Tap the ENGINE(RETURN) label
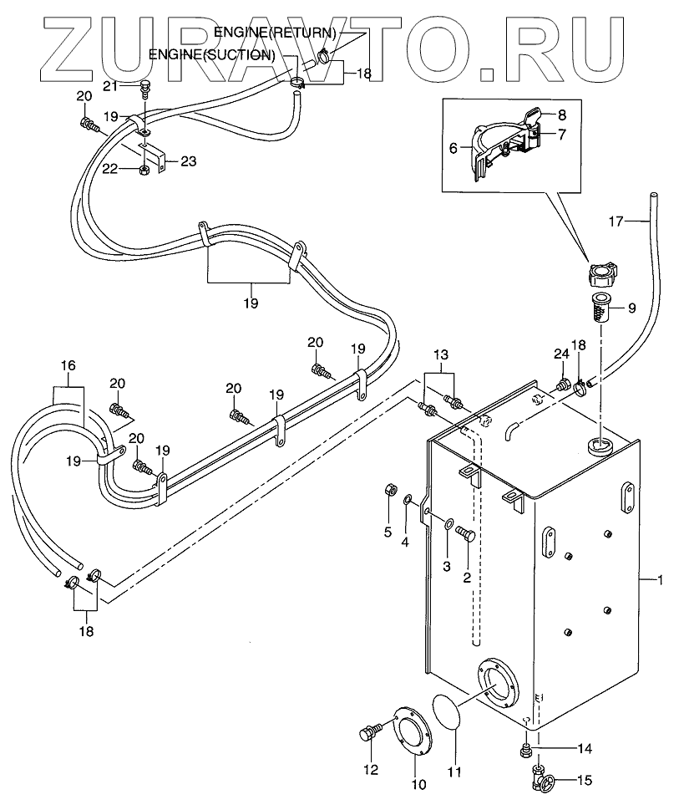coord(275,33)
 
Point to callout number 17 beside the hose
coord(616,222)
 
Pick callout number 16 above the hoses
coord(68,364)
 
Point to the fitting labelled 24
coord(563,385)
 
